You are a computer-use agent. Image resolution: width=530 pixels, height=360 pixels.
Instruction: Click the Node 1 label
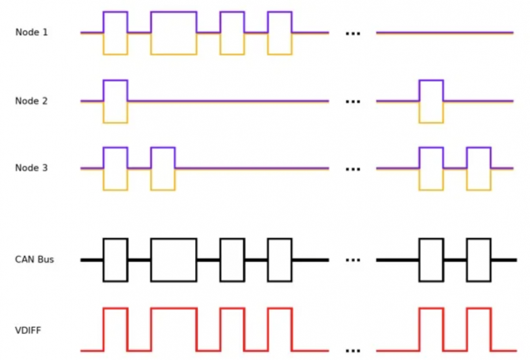tap(31, 32)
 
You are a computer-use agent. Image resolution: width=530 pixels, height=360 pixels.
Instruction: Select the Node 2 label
tap(31, 101)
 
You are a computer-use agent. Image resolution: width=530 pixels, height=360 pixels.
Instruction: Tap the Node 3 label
tap(31, 168)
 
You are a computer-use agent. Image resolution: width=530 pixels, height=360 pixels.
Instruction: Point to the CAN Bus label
tap(34, 259)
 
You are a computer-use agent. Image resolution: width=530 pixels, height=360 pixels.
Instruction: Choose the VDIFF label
tap(28, 330)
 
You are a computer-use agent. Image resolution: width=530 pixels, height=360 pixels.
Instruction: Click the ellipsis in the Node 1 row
tap(353, 33)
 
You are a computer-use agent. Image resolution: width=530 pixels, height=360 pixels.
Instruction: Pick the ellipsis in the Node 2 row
tap(353, 101)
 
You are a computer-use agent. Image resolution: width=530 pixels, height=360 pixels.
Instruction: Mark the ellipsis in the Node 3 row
tap(353, 169)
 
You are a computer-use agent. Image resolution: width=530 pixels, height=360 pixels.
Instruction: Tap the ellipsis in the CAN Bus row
tap(353, 260)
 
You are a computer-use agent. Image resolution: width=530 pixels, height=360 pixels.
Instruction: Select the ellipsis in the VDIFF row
tap(353, 351)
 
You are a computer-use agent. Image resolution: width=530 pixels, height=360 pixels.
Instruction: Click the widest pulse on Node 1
tap(174, 12)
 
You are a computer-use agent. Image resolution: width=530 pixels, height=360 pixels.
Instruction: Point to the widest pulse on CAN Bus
tap(174, 239)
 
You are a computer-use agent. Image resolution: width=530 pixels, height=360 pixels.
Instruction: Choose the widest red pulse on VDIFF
tap(174, 308)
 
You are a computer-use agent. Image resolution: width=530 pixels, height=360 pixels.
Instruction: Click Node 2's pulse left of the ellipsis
tap(115, 80)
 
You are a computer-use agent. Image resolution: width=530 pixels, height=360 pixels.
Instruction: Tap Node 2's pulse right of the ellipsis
tap(431, 80)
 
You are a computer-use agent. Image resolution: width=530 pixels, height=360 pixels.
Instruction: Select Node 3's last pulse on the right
tap(479, 148)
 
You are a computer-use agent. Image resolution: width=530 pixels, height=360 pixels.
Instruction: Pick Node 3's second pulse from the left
tap(163, 148)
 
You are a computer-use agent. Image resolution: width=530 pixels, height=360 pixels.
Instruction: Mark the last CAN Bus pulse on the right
tap(479, 239)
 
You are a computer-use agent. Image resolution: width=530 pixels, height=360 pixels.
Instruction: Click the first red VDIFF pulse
tap(115, 308)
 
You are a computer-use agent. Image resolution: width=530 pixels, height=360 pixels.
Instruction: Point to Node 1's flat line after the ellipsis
tap(445, 32)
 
